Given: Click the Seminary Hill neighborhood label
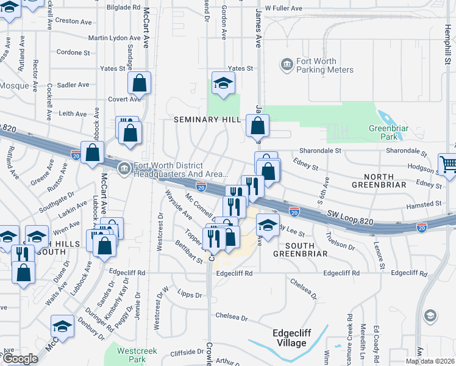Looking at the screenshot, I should pyautogui.click(x=208, y=120).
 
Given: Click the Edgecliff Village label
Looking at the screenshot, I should pyautogui.click(x=289, y=338).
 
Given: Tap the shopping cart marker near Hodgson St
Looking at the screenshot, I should pyautogui.click(x=448, y=163).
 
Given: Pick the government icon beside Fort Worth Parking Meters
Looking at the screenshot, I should pyautogui.click(x=285, y=63).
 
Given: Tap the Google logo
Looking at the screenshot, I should pyautogui.click(x=20, y=359).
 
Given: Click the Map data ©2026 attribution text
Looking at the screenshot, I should pyautogui.click(x=429, y=361).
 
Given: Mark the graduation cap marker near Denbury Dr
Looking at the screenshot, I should pyautogui.click(x=62, y=326).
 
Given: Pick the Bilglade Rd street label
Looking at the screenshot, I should pyautogui.click(x=123, y=7).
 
